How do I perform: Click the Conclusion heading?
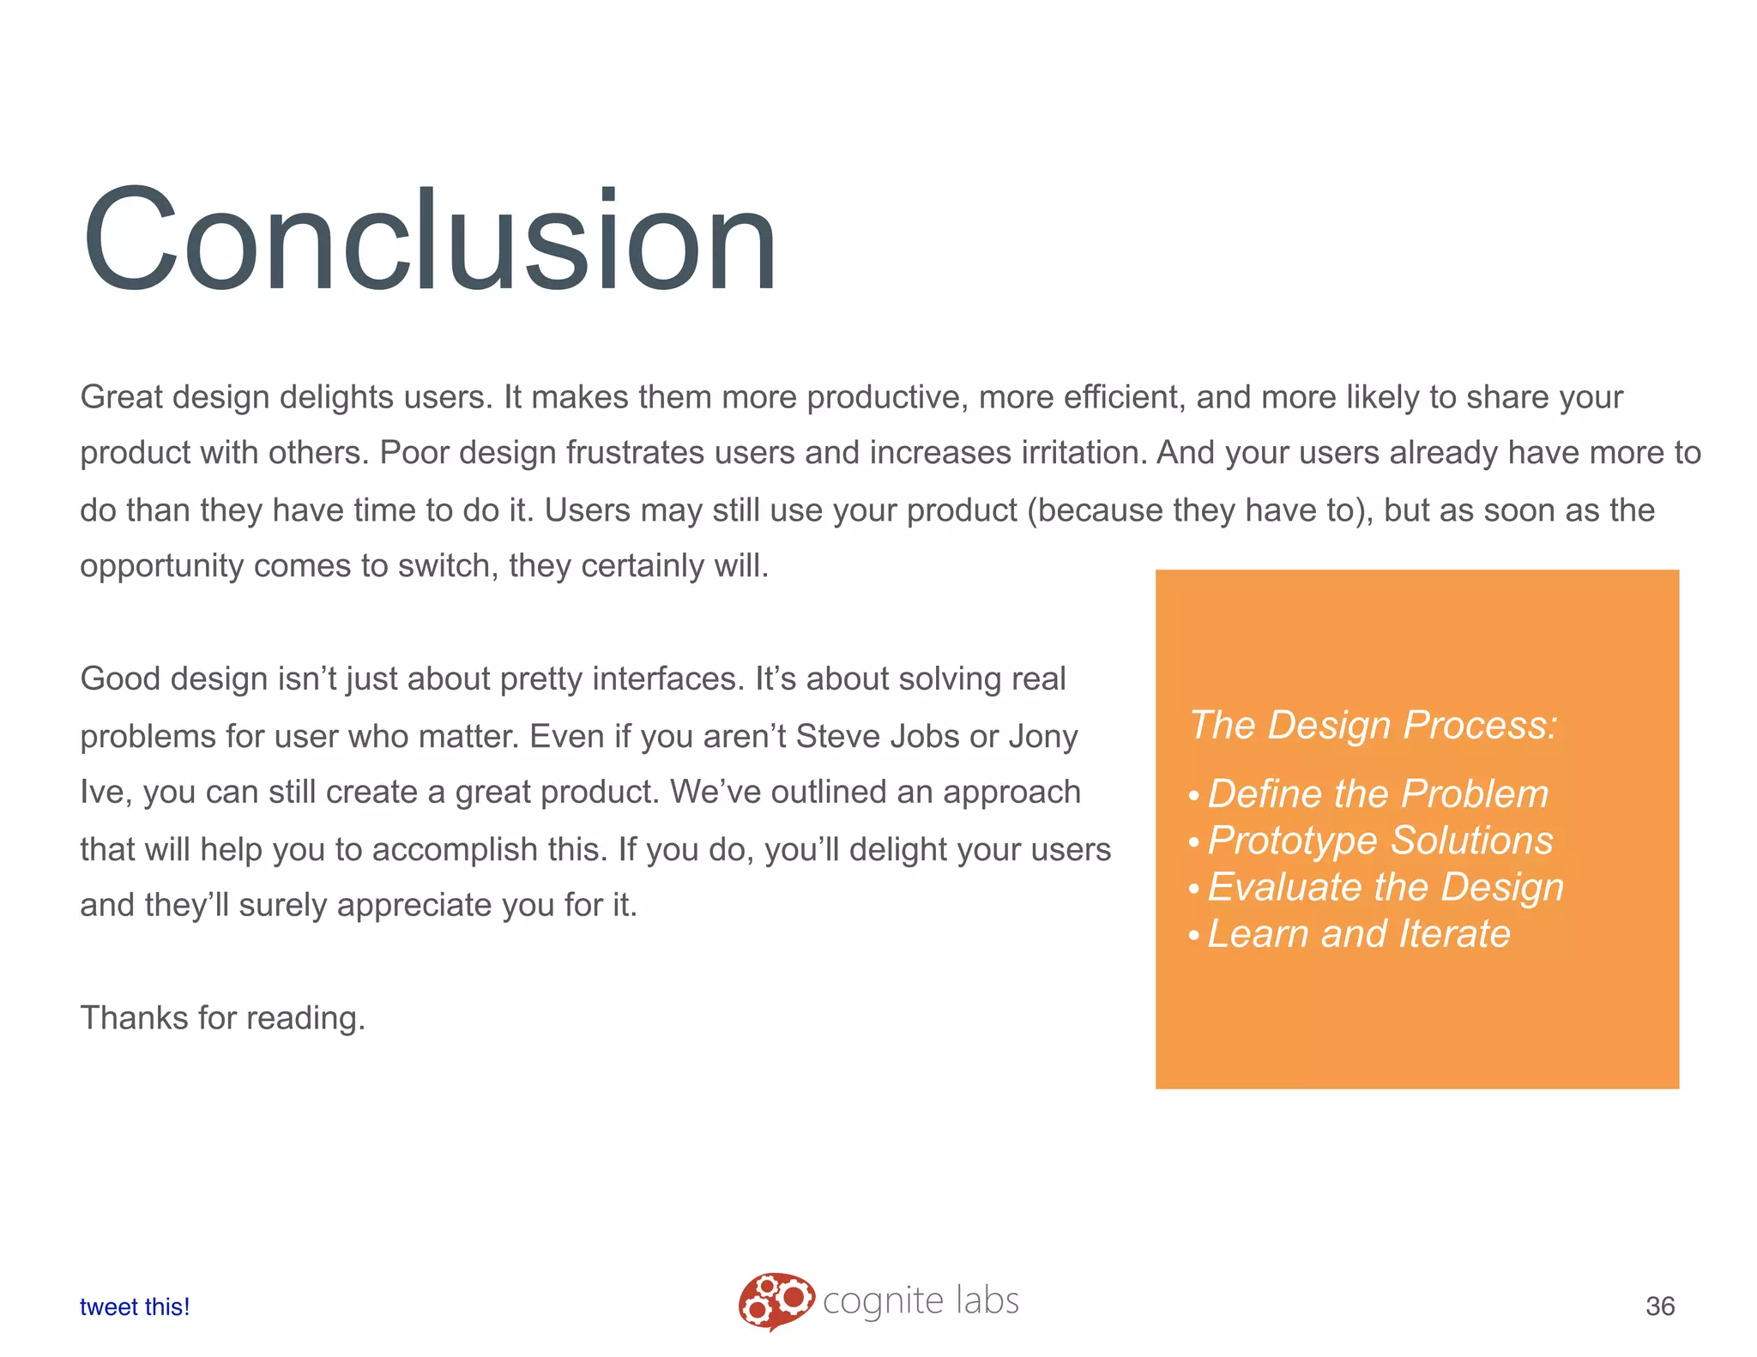[429, 240]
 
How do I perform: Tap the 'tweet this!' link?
[135, 1306]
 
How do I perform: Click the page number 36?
[1659, 1306]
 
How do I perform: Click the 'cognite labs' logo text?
[921, 1300]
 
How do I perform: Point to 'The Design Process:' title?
[1373, 725]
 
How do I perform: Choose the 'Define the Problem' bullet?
[1377, 793]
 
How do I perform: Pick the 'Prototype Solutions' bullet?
[1380, 840]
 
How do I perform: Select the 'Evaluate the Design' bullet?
[1385, 887]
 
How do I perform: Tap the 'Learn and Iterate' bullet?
[1358, 933]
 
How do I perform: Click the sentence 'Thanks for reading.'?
[223, 1018]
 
